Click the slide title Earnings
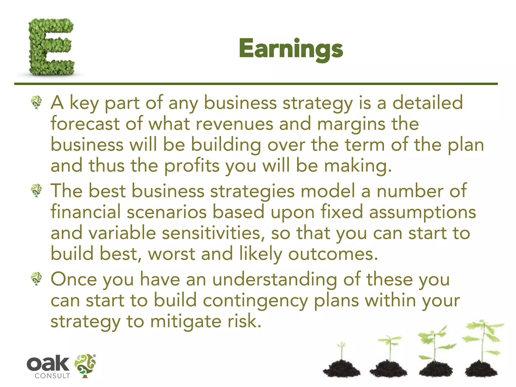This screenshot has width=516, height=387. click(291, 49)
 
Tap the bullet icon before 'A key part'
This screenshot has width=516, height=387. click(37, 102)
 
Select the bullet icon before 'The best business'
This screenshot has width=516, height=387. click(37, 190)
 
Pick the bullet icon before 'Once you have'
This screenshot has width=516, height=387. click(37, 278)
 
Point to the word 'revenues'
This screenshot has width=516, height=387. click(234, 124)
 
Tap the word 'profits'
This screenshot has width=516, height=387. click(192, 166)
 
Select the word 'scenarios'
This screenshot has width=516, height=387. click(167, 212)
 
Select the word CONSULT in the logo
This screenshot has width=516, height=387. click(52, 376)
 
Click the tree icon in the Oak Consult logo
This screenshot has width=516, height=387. click(85, 366)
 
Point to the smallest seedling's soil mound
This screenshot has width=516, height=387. click(341, 368)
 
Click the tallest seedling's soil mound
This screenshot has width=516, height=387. click(481, 368)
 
